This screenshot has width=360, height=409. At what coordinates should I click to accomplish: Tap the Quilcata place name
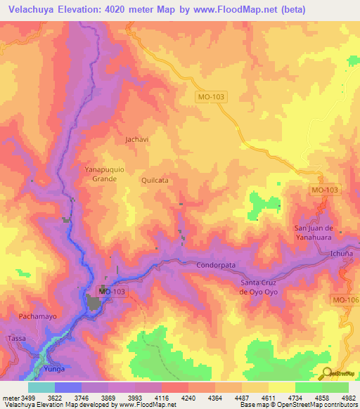pyautogui.click(x=155, y=180)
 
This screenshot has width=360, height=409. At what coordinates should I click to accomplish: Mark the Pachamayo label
pyautogui.click(x=37, y=316)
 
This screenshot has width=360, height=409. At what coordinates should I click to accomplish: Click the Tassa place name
pyautogui.click(x=16, y=338)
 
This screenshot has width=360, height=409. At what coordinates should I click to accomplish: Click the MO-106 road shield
pyautogui.click(x=346, y=300)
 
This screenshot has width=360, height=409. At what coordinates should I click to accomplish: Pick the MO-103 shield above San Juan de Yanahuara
pyautogui.click(x=324, y=190)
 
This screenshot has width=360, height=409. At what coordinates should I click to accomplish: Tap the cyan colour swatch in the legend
pyautogui.click(x=41, y=387)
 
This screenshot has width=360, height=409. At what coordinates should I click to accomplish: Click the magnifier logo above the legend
pyautogui.click(x=327, y=373)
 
